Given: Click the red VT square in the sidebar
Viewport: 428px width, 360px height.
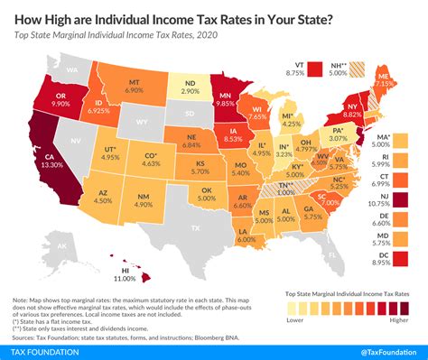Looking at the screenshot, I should point(315,68).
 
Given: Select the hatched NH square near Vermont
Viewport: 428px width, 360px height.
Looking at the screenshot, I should point(359,68).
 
